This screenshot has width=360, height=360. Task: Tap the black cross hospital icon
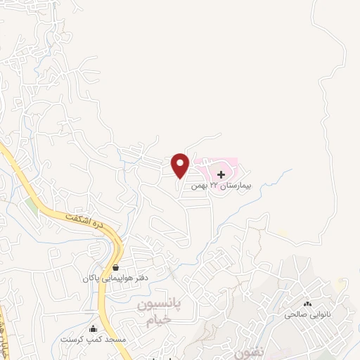[221, 174]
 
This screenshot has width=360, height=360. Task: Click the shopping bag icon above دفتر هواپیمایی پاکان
[115, 268]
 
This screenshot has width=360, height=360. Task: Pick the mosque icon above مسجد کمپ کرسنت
[92, 328]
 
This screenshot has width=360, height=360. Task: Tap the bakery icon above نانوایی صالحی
[307, 304]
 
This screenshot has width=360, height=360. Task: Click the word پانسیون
[158, 305]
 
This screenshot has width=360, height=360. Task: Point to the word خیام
[158, 320]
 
